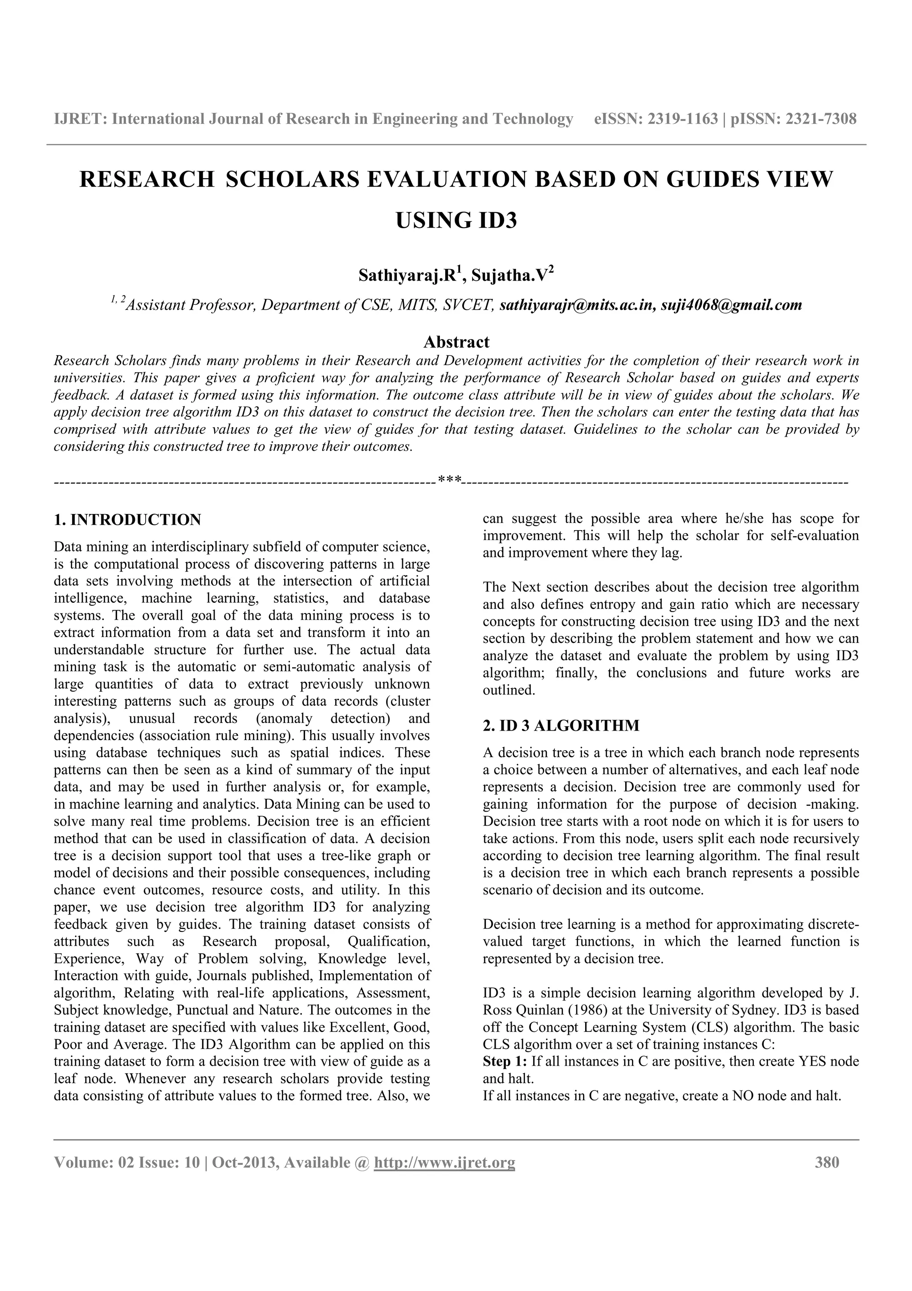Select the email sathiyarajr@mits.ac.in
click(577, 305)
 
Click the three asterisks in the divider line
click(449, 480)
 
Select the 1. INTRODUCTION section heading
click(127, 519)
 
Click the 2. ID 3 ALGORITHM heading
click(561, 725)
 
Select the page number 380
click(826, 1162)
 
